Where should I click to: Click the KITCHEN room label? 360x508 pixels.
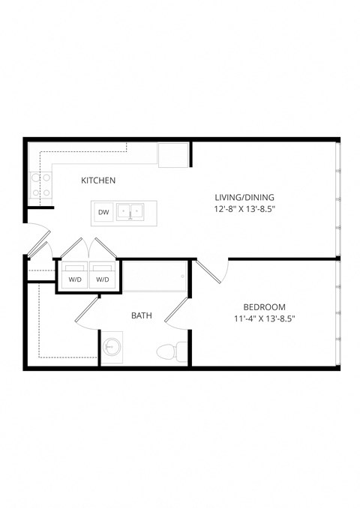tap(97, 181)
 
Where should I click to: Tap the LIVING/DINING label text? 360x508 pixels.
tap(239, 197)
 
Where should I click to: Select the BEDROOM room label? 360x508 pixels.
tap(265, 306)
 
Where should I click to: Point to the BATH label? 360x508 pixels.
tap(142, 315)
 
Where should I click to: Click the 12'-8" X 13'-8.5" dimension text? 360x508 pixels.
tap(239, 210)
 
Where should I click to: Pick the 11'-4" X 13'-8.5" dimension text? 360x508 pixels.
tap(265, 319)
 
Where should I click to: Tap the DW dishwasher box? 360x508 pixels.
tap(103, 213)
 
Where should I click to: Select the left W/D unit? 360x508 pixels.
tap(75, 275)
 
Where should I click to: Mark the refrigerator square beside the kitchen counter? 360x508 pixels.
tap(173, 155)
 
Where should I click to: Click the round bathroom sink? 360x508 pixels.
tap(113, 348)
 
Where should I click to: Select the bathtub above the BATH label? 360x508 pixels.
tap(154, 277)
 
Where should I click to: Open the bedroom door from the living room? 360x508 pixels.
tap(213, 270)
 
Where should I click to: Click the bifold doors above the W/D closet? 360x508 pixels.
tap(89, 250)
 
